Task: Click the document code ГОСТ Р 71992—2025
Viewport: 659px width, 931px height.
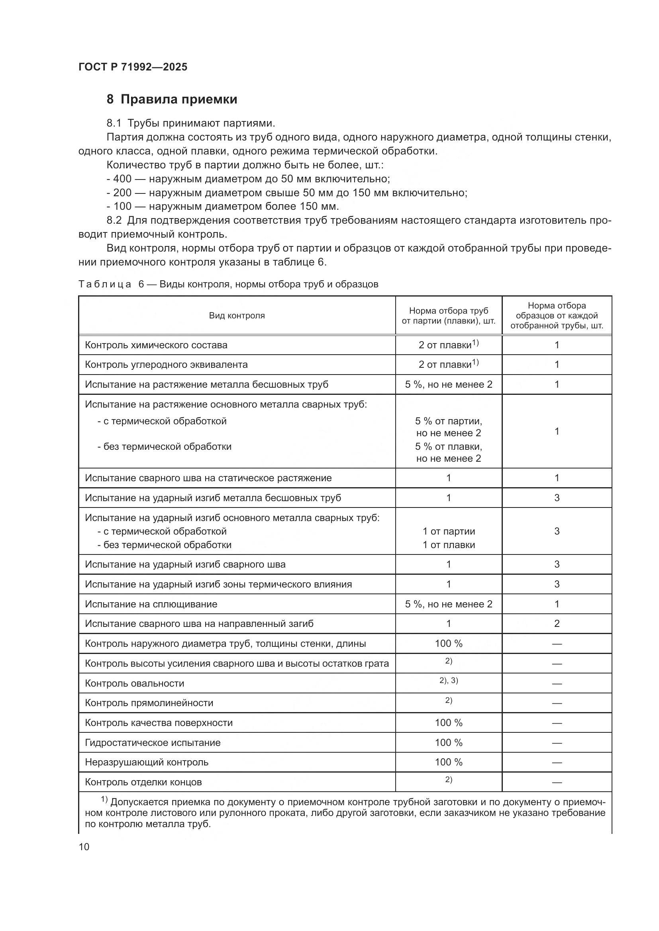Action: coord(133,67)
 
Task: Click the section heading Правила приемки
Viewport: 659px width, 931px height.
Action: coord(178,100)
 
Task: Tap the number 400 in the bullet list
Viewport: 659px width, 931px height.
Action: coord(122,179)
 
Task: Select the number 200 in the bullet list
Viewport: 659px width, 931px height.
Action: coord(122,193)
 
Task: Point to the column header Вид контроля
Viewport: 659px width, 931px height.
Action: coord(237,316)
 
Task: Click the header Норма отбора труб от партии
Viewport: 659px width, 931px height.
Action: coord(448,316)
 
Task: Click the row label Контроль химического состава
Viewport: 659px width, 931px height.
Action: coord(156,345)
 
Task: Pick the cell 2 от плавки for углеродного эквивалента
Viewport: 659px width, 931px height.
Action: coord(448,364)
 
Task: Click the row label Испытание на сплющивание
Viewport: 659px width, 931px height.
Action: coord(151,604)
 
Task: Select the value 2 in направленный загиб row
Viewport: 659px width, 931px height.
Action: coord(557,624)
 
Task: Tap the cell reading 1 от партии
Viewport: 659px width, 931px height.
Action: coord(448,531)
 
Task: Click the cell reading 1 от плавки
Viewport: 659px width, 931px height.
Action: coord(448,545)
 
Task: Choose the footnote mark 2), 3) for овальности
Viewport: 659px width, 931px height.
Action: coord(448,681)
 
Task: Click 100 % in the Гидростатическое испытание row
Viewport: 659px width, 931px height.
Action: coord(448,742)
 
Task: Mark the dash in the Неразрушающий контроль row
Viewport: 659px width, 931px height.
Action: coord(557,763)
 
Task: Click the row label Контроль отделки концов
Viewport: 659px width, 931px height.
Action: coord(143,782)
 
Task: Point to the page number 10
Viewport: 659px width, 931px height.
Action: coord(84,847)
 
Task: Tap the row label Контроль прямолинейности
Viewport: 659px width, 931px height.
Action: coord(149,703)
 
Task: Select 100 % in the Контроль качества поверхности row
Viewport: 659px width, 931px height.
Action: coord(448,722)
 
